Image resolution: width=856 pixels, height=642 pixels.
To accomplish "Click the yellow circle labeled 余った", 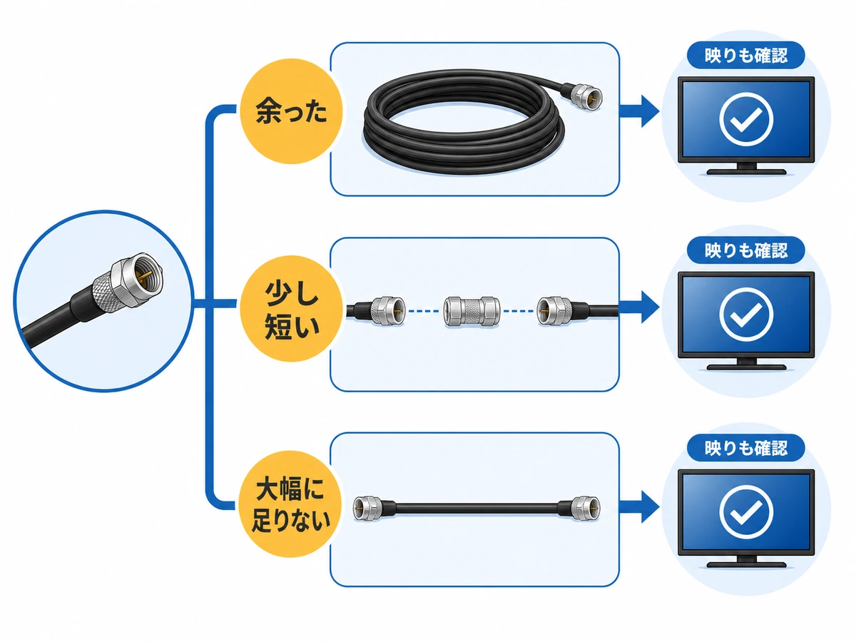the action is coord(290,111).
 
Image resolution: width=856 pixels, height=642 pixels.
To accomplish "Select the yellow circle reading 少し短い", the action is coord(291,308).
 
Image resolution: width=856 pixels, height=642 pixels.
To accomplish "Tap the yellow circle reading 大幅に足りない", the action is coord(290,504).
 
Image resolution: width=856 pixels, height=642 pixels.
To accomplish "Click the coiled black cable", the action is coord(464,121).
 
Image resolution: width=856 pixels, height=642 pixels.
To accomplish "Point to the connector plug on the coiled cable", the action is coord(582,98).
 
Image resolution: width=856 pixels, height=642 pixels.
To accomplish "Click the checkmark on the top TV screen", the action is coord(745,120).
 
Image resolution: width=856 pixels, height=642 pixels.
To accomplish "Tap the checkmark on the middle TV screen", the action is coord(745,315).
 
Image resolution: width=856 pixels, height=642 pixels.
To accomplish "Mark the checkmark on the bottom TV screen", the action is coord(745,512).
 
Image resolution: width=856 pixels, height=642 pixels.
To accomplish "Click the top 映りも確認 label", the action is coord(745,56).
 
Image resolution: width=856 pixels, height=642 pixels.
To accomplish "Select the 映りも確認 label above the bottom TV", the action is coord(745,448).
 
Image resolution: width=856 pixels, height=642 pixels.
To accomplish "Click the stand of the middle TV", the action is coord(746,365).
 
